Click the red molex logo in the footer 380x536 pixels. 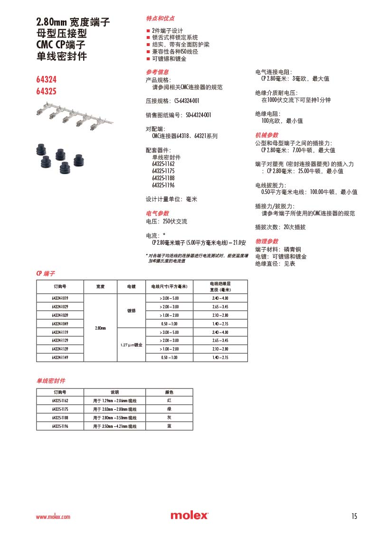(189, 516)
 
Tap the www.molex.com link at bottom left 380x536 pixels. (53, 517)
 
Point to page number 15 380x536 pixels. (354, 516)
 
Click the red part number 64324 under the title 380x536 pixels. (47, 80)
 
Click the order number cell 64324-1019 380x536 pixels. (60, 298)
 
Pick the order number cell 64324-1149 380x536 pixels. (60, 357)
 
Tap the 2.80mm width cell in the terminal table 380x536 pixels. (100, 328)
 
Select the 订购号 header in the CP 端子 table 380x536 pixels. (60, 287)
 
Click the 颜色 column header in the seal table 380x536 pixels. (169, 392)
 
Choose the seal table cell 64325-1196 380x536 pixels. (60, 426)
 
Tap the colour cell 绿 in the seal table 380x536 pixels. (169, 409)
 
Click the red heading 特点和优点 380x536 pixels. (160, 18)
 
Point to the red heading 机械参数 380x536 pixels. (267, 135)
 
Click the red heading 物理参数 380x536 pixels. (267, 241)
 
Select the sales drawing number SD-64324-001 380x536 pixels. (192, 115)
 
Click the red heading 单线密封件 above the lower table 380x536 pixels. (51, 381)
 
